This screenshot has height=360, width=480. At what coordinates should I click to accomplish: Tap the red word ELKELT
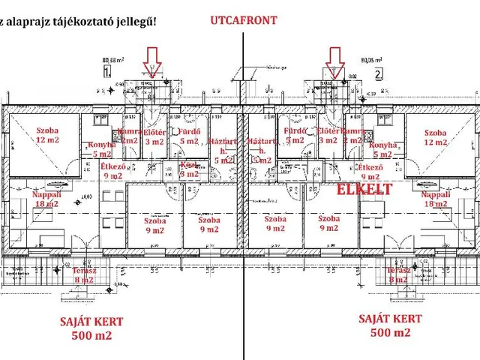[364, 190]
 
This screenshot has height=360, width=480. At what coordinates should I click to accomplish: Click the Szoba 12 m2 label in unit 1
[47, 135]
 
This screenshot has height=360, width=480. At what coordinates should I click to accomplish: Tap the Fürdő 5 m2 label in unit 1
[187, 135]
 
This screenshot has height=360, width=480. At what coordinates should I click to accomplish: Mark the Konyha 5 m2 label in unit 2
[383, 150]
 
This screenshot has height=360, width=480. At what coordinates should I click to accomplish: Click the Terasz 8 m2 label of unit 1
[83, 275]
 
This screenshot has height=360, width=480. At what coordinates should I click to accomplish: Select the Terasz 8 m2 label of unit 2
[398, 275]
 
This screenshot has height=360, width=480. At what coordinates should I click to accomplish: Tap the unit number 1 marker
[107, 73]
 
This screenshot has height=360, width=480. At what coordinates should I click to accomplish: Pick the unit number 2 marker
[379, 73]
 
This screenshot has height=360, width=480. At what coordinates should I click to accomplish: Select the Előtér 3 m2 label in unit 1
[154, 136]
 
